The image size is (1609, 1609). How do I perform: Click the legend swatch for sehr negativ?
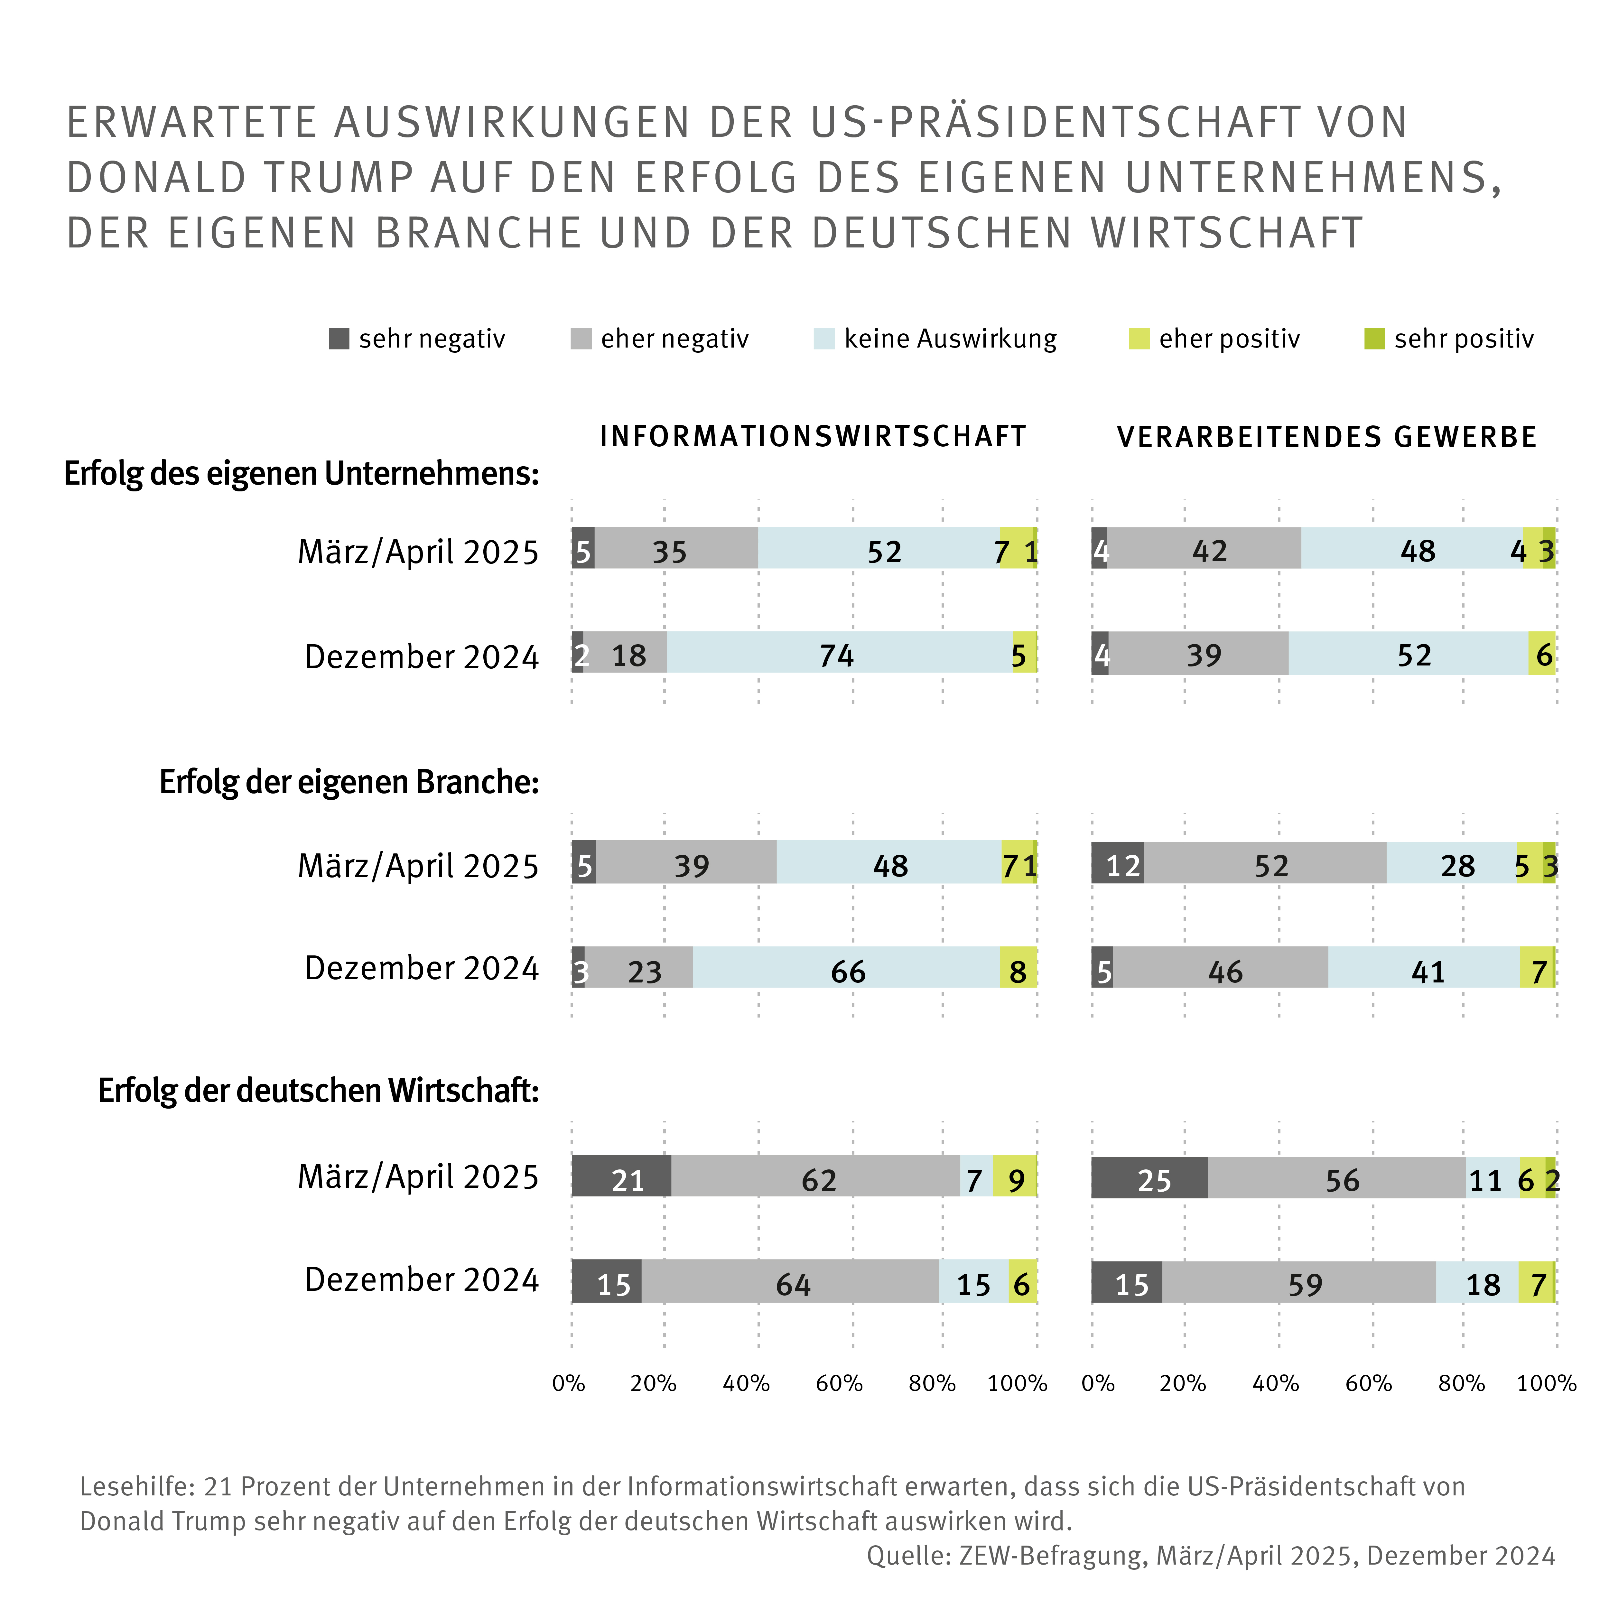click(x=339, y=339)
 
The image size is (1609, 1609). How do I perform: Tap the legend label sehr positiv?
click(x=1463, y=339)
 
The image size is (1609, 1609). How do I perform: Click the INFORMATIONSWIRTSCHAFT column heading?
click(x=813, y=436)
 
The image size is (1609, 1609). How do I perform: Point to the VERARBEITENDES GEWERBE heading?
click(x=1327, y=436)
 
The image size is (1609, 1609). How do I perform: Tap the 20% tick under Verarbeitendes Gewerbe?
click(x=1183, y=1383)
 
